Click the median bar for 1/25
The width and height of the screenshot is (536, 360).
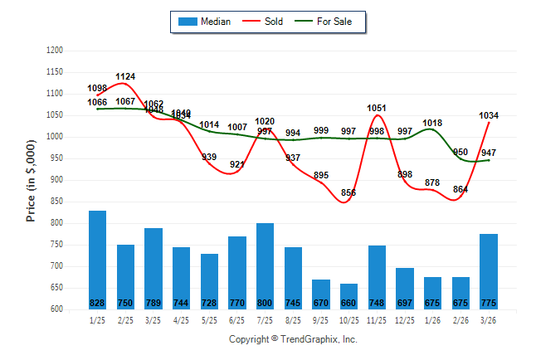click(97, 259)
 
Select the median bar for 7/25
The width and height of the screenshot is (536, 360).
click(265, 265)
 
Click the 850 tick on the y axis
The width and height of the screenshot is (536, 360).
click(56, 202)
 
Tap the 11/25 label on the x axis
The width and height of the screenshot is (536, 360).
click(377, 320)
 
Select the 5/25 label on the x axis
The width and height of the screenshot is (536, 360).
click(209, 320)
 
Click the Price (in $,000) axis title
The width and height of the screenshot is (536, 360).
click(31, 179)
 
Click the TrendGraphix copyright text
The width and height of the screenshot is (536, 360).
click(292, 339)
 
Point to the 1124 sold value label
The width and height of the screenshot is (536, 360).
click(126, 76)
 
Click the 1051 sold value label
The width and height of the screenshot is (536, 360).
click(377, 108)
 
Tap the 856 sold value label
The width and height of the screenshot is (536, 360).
click(348, 192)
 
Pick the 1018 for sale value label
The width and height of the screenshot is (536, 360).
click(432, 123)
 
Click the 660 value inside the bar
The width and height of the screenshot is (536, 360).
click(348, 302)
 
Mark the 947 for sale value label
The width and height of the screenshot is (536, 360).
click(489, 153)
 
